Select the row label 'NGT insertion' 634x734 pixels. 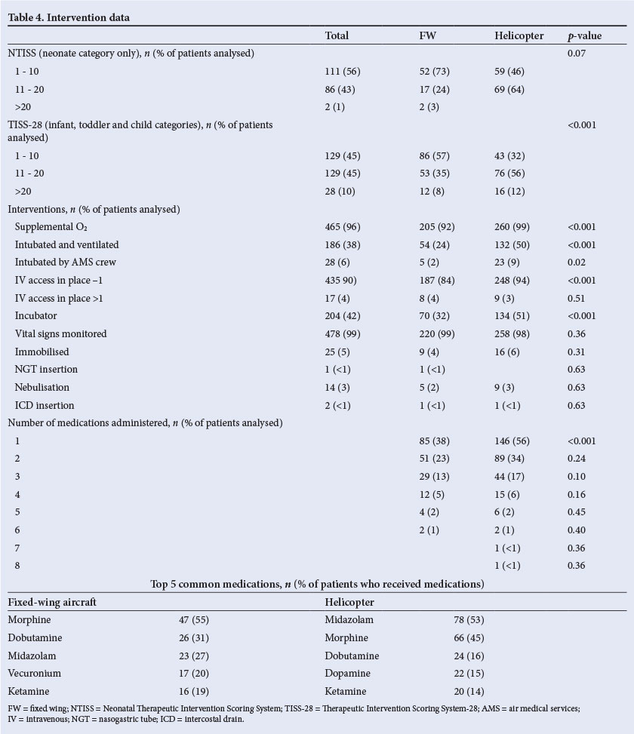point(46,369)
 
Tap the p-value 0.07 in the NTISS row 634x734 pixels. point(577,54)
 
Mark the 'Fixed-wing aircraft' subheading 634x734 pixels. point(52,602)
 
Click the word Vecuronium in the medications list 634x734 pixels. point(35,673)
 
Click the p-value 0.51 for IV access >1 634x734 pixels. point(577,298)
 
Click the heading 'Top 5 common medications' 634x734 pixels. point(317,584)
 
